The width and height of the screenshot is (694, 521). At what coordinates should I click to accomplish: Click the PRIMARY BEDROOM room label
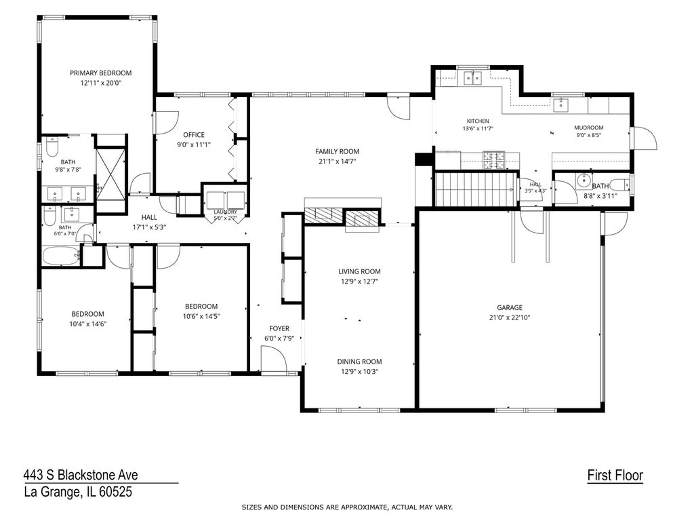(100, 73)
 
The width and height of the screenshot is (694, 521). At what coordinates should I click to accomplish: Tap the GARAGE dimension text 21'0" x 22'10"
(510, 317)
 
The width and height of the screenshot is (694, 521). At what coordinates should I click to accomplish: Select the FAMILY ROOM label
(338, 151)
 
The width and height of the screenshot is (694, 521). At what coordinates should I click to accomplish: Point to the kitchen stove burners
(493, 160)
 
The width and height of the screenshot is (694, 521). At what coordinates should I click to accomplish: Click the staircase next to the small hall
(476, 190)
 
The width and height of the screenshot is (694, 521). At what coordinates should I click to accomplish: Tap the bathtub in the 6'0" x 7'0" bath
(60, 256)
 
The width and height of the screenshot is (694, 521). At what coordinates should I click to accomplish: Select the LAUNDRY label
(225, 212)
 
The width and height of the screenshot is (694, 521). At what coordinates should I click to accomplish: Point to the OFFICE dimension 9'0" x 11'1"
(194, 144)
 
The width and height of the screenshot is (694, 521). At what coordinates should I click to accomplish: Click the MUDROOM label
(589, 128)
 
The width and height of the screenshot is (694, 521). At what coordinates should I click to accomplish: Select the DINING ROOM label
(359, 362)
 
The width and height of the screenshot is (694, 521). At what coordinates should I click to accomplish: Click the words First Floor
(615, 476)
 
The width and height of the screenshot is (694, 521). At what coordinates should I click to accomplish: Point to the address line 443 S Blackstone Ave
(81, 475)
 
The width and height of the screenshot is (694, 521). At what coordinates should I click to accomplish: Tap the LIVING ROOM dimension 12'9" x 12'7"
(359, 282)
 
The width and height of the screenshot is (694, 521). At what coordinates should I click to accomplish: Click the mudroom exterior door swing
(645, 138)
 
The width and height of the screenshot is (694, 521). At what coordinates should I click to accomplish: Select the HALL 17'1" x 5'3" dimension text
(149, 227)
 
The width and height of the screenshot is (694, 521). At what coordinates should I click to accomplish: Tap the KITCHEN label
(478, 121)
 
